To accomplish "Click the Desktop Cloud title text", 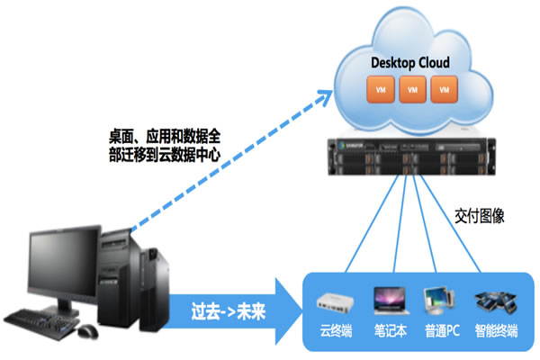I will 410,63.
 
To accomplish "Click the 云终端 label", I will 336,330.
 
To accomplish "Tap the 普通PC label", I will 442,330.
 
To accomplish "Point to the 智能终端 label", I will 495,330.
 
